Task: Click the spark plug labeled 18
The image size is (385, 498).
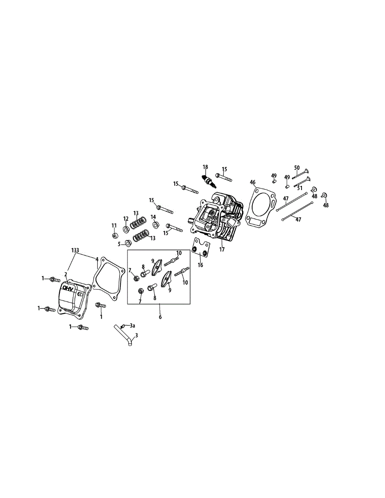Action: click(x=208, y=181)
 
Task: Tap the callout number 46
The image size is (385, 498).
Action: click(x=253, y=182)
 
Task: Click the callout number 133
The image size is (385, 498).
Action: click(x=75, y=250)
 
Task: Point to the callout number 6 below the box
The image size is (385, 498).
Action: click(x=160, y=317)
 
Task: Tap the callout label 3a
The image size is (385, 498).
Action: click(x=132, y=326)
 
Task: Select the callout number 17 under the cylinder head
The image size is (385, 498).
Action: click(x=222, y=250)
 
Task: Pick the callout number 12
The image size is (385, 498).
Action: click(x=125, y=219)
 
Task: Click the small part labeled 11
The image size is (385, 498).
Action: click(x=114, y=236)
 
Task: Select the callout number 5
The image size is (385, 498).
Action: click(x=119, y=244)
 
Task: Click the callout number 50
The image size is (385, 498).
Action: click(x=297, y=168)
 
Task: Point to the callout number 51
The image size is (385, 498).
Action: click(x=299, y=188)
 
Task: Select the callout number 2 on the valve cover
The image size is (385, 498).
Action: click(x=66, y=274)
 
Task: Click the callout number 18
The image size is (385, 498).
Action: click(x=205, y=167)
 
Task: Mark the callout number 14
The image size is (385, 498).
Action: click(x=153, y=217)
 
